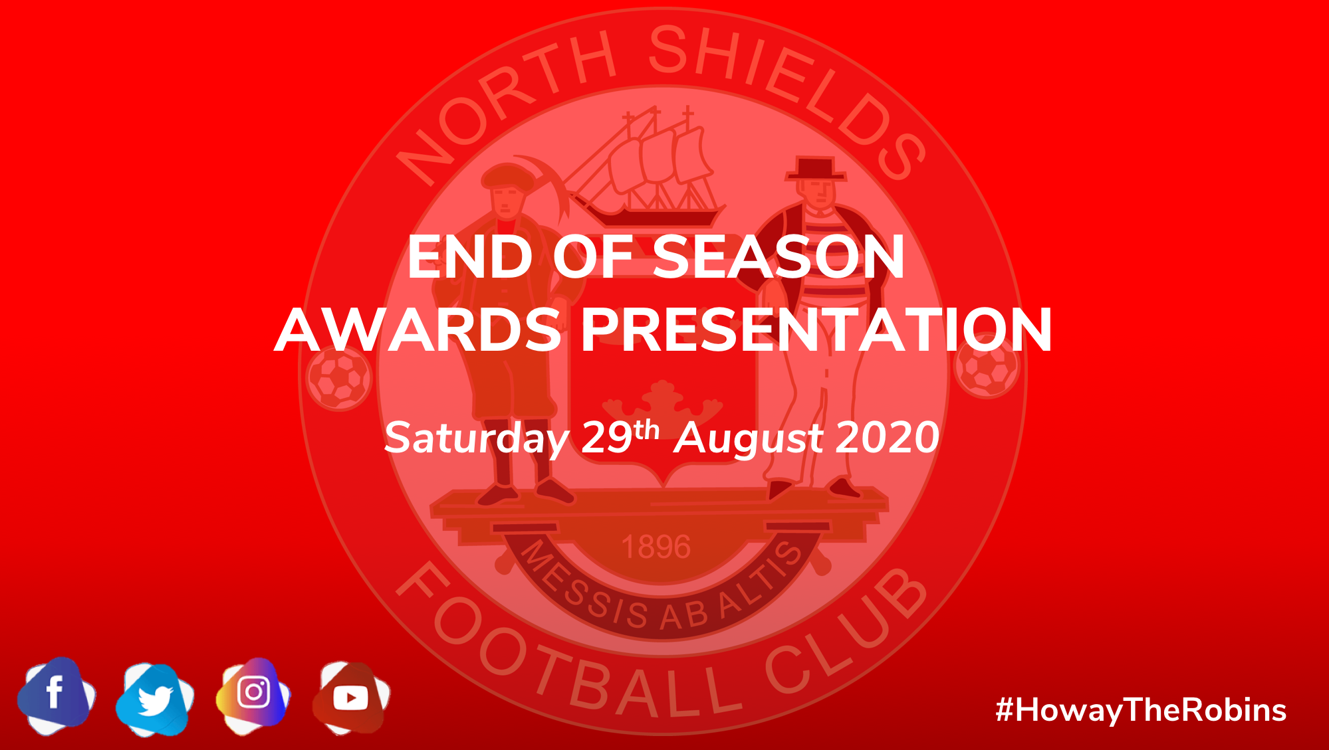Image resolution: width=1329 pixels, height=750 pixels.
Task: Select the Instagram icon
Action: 253,695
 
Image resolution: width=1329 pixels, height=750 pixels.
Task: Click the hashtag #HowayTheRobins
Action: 1141,710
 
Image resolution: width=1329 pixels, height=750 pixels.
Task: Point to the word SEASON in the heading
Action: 779,257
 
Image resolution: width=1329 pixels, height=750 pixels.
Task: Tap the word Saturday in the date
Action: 477,438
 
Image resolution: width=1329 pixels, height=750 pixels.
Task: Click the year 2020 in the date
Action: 888,437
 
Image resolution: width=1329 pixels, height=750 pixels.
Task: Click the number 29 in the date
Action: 606,437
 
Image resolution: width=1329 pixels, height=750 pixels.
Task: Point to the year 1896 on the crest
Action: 656,547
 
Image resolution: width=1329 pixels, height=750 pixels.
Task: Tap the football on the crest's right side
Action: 987,366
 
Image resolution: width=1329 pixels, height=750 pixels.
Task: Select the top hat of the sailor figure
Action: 816,169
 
